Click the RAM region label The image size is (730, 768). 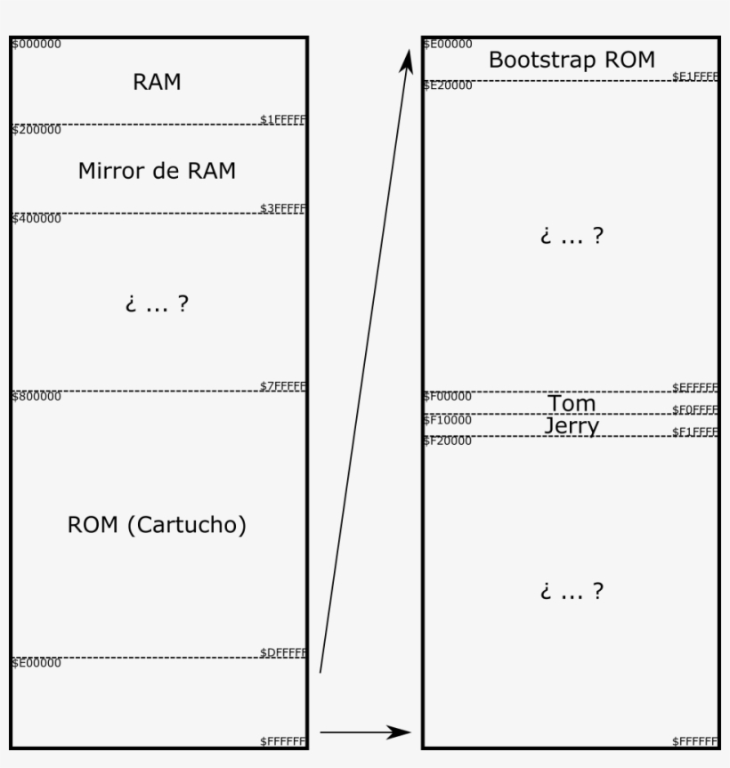pyautogui.click(x=157, y=83)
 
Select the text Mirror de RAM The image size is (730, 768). pyautogui.click(x=157, y=171)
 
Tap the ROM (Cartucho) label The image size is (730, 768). pyautogui.click(x=157, y=525)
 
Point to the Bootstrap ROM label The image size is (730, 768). pyautogui.click(x=572, y=61)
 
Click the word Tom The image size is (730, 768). pyautogui.click(x=572, y=404)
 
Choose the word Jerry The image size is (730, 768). pyautogui.click(x=572, y=426)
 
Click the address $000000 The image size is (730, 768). pyautogui.click(x=36, y=44)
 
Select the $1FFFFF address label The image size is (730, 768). pyautogui.click(x=283, y=119)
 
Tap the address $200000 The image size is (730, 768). pyautogui.click(x=36, y=130)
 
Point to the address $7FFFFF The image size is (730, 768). pyautogui.click(x=283, y=386)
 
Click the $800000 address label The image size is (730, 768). pyautogui.click(x=36, y=397)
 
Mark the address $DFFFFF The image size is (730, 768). pyautogui.click(x=283, y=653)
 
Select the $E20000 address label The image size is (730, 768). pyautogui.click(x=447, y=85)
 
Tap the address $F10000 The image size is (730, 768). pyautogui.click(x=447, y=419)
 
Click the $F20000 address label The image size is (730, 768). pyautogui.click(x=447, y=441)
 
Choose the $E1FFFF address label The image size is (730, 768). pyautogui.click(x=695, y=77)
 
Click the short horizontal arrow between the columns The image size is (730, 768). pyautogui.click(x=365, y=732)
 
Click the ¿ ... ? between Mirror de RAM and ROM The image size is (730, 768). pyautogui.click(x=157, y=304)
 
